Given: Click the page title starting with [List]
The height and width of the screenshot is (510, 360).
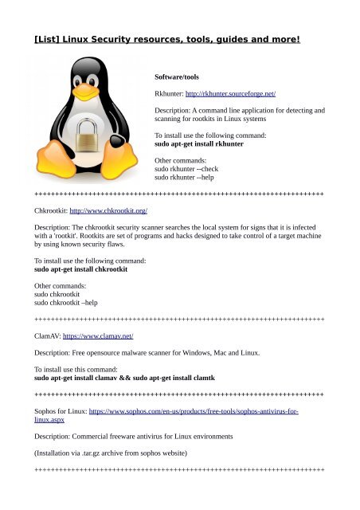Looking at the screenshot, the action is pyautogui.click(x=167, y=37).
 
